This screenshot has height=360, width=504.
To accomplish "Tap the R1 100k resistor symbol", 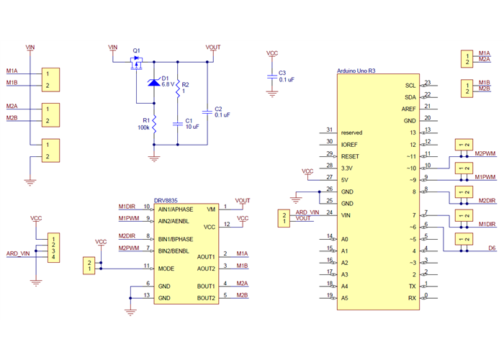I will (153, 123).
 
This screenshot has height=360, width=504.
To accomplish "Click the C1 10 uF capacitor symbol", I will (178, 123).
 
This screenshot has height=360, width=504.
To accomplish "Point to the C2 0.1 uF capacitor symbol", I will (207, 111).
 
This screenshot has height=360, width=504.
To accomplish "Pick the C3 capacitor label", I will (282, 73).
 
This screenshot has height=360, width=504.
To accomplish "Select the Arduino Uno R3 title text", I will (356, 71).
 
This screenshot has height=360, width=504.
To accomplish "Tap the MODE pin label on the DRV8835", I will (167, 268).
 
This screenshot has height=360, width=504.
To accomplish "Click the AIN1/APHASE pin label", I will (177, 209).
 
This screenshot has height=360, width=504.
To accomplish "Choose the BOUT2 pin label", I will (206, 297).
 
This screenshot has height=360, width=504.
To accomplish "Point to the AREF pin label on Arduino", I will (408, 109).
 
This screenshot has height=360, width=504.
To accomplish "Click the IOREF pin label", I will (350, 144).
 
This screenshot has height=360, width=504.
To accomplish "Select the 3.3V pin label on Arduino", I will (348, 167).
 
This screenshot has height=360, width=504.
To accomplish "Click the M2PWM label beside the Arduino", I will (485, 153).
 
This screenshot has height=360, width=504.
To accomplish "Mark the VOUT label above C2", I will (213, 47).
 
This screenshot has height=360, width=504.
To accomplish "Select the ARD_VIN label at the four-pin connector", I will (18, 253).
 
